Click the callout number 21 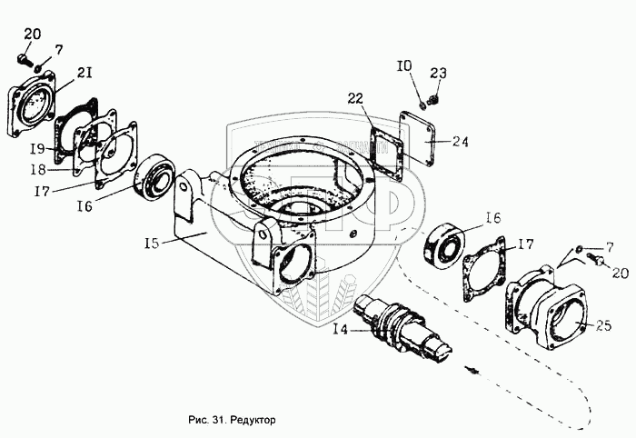[x=84, y=73]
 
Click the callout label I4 [x=341, y=330]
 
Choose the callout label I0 [x=404, y=65]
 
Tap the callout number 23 [x=439, y=74]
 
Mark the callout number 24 [x=461, y=141]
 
